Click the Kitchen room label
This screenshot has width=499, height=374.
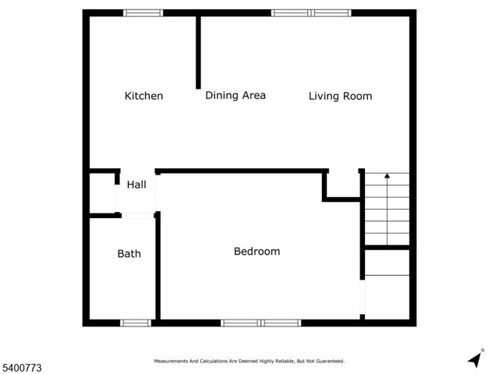click(144, 96)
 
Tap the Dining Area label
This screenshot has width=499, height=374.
click(235, 95)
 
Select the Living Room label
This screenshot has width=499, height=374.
click(340, 96)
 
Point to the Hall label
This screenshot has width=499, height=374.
click(136, 185)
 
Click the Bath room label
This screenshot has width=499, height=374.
click(129, 253)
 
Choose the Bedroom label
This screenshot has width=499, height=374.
click(257, 252)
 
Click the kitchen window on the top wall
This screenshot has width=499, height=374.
click(143, 12)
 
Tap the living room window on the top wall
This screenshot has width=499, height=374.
click(311, 12)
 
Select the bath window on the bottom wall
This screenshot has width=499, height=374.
click(136, 322)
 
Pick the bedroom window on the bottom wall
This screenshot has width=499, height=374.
click(260, 322)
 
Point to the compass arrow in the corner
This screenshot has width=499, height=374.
click(474, 359)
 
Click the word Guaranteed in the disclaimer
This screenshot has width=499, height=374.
click(327, 362)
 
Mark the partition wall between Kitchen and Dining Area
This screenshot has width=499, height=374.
click(198, 51)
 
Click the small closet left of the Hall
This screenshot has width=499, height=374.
click(102, 192)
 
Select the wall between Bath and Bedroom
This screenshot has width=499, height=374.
click(157, 265)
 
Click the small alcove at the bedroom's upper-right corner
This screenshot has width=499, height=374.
click(341, 185)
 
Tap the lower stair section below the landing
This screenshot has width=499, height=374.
click(388, 284)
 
